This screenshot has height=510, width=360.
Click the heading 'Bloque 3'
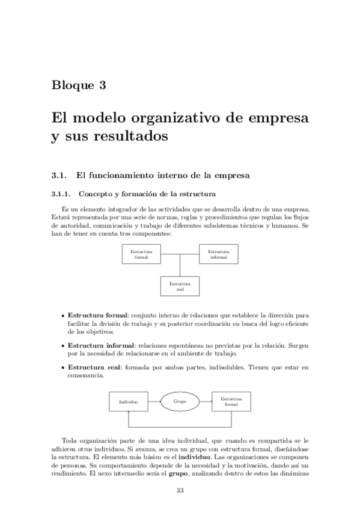(79, 85)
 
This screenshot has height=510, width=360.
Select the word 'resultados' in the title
(130, 137)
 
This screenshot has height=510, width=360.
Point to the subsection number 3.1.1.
(61, 194)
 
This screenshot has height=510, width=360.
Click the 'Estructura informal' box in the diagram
(218, 254)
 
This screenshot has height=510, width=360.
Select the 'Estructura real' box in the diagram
(180, 285)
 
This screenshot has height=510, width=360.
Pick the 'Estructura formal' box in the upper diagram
(141, 254)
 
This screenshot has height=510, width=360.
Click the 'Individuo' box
(129, 401)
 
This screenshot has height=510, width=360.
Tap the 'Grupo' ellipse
(180, 401)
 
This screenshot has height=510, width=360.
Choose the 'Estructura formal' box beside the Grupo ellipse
(231, 401)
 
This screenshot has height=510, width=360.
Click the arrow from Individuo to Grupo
(154, 401)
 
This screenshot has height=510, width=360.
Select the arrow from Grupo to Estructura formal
(206, 401)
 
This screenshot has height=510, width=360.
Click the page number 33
(180, 490)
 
